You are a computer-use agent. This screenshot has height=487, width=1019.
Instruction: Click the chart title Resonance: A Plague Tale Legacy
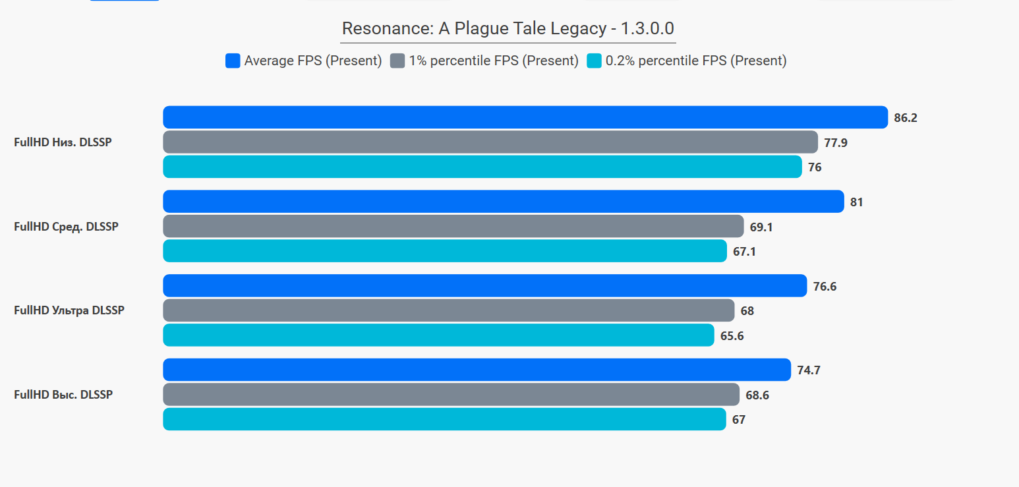pos(508,28)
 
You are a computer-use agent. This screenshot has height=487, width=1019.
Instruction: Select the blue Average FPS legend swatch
pos(233,61)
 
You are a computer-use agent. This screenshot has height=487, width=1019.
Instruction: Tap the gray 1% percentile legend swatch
pos(397,61)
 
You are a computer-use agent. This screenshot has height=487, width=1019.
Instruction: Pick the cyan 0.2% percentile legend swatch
pos(594,61)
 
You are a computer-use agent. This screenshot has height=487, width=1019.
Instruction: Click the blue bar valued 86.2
pos(525,117)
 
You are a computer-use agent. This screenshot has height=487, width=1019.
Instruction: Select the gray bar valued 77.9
pos(490,142)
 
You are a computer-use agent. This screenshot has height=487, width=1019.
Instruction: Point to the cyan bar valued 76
pos(482,167)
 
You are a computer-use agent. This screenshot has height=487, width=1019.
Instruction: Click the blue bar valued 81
pos(504,202)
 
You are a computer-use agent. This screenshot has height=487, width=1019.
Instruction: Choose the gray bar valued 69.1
pos(453,226)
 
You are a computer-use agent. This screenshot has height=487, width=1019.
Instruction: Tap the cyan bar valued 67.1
pos(445,251)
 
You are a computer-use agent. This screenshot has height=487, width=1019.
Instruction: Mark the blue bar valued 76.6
pos(485,285)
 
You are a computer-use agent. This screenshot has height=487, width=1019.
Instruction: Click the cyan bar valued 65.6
pos(438,335)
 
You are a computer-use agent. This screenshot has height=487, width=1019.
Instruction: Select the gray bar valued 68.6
pos(451,394)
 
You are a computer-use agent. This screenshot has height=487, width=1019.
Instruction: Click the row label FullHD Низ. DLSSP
pos(63,142)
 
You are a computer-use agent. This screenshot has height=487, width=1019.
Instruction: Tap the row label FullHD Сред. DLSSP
pos(66,227)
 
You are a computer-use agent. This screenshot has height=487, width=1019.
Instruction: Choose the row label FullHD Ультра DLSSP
pos(69,310)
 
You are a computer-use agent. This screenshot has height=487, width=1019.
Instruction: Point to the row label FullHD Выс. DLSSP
pos(63,395)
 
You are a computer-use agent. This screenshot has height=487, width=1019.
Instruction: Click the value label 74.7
pos(809,370)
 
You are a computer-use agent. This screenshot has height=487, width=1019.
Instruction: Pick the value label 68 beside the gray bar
pos(747,311)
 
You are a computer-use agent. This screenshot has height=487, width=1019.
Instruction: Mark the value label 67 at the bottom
pos(739,420)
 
